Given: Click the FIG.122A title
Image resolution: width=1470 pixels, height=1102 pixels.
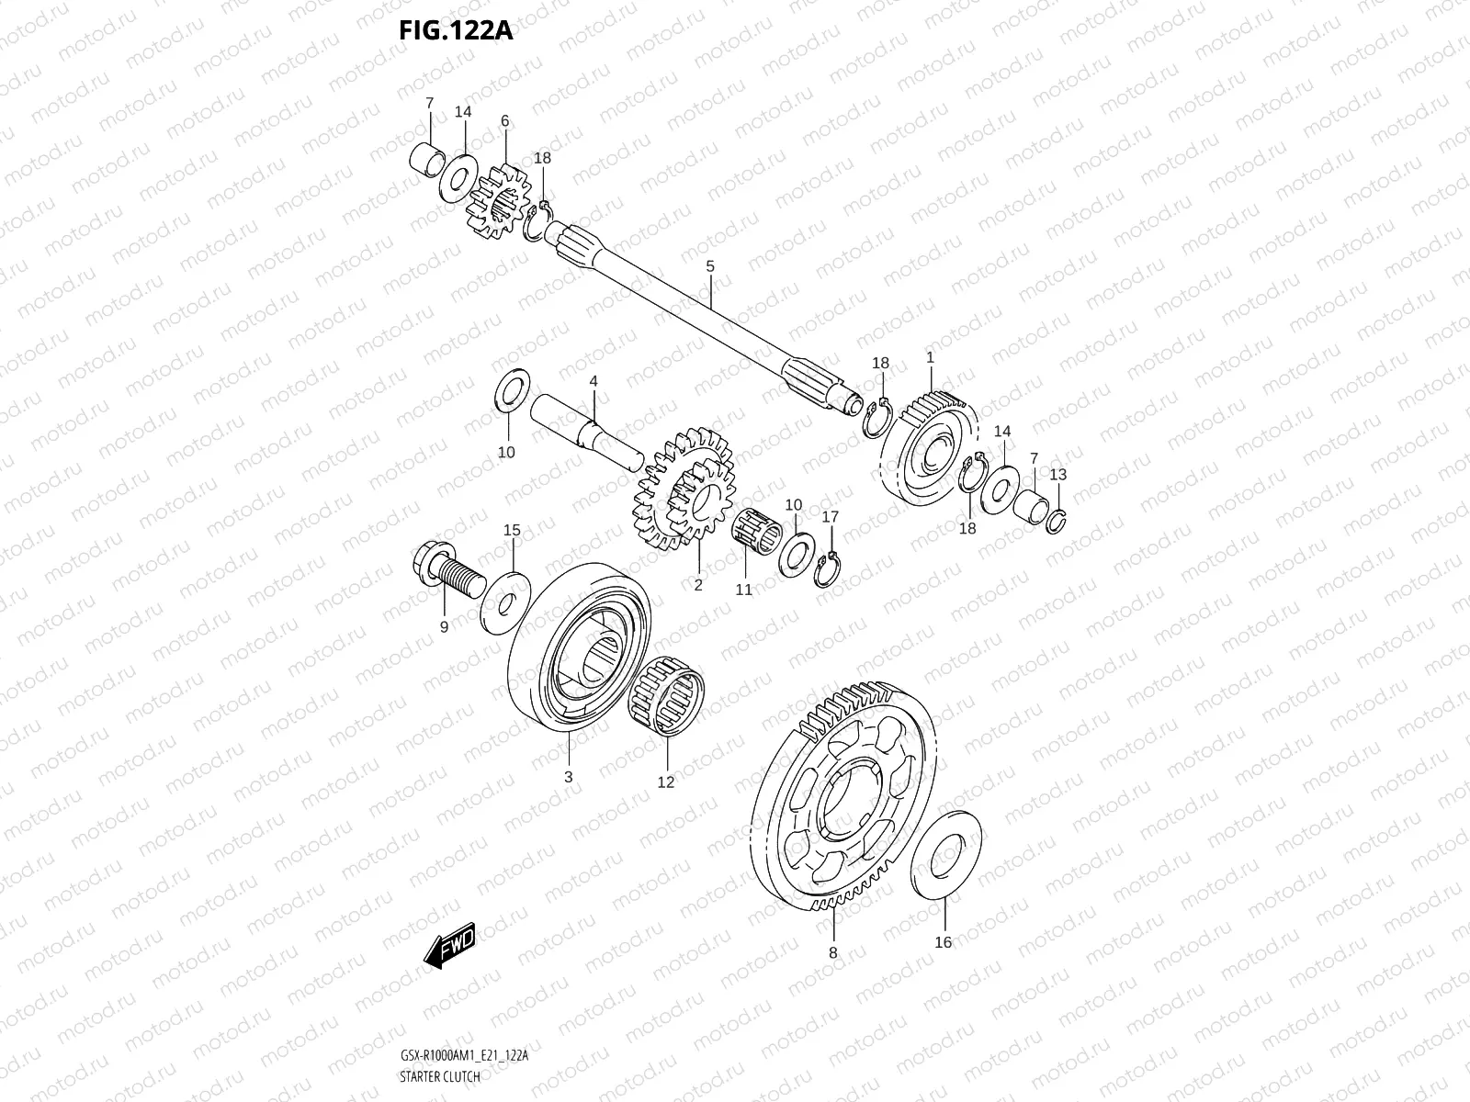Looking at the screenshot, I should (x=455, y=30).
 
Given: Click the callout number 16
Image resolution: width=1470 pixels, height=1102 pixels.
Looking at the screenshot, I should (x=944, y=941).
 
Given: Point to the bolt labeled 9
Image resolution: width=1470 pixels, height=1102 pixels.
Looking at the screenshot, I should (x=447, y=573).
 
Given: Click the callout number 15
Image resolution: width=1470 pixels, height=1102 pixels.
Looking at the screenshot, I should (x=513, y=530).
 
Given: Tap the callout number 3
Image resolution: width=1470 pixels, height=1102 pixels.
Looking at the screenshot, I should (x=568, y=776).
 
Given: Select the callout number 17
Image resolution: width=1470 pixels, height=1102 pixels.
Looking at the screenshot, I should (x=830, y=517).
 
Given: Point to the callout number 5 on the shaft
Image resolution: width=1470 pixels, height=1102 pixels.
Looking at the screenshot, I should (x=710, y=266).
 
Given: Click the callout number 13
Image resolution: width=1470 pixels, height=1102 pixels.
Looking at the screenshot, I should (x=1058, y=474).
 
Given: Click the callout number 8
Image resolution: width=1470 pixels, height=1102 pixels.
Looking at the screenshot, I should (x=833, y=952).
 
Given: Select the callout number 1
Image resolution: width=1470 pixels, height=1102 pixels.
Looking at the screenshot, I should (x=930, y=356).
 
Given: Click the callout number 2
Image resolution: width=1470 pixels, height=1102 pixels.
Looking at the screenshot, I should (x=697, y=584).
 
